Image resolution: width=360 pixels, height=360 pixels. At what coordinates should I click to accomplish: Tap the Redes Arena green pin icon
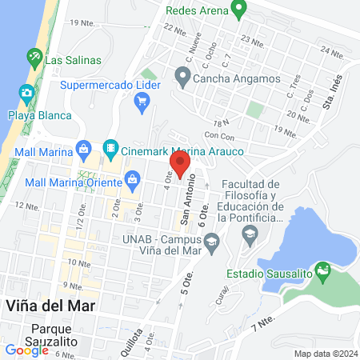click(238, 10)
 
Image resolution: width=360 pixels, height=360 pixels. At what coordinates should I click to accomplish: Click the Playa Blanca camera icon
click(26, 94)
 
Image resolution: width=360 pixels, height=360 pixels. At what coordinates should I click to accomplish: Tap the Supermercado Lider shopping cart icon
click(143, 101)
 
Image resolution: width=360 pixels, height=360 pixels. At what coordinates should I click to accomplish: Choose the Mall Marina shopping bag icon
click(83, 148)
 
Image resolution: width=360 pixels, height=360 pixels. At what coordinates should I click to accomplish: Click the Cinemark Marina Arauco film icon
click(110, 148)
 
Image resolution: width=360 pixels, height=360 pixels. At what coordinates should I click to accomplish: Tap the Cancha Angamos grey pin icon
click(183, 77)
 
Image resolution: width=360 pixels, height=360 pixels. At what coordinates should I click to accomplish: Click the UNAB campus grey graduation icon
click(212, 242)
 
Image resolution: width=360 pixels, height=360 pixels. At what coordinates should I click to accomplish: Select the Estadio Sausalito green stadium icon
click(323, 272)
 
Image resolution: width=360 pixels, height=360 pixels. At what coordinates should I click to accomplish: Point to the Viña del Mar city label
click(50, 306)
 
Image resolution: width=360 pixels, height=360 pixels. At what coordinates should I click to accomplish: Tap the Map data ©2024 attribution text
click(325, 354)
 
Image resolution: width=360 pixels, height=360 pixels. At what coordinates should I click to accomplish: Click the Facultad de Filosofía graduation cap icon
click(250, 234)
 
